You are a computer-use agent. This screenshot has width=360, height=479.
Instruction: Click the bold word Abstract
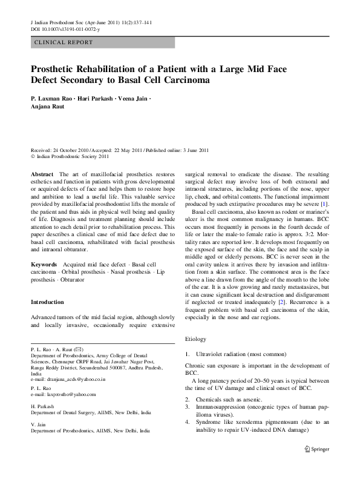click(x=42, y=173)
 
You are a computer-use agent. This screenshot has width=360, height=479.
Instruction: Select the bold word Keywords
click(x=44, y=265)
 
